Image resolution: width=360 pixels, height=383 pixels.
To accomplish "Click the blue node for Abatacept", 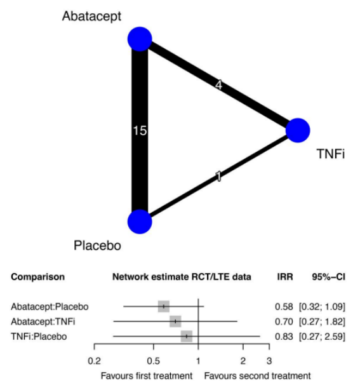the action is (140, 39).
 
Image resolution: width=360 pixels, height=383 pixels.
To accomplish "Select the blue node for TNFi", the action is (298, 130).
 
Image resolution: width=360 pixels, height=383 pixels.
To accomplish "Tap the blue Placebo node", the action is (140, 222).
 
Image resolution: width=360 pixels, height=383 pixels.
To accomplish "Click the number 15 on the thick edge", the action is (140, 130).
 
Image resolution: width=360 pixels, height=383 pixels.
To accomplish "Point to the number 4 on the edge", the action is (218, 85).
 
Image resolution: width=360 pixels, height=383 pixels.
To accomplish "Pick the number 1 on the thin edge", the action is (218, 176).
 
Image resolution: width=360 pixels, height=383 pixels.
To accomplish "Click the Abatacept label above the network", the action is (91, 17).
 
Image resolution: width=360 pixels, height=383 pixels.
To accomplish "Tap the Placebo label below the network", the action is (97, 245).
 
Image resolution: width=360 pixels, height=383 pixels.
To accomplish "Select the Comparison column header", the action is (38, 277).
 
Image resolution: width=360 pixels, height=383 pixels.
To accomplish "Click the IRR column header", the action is (285, 277).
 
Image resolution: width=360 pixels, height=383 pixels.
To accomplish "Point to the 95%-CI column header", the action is (328, 277).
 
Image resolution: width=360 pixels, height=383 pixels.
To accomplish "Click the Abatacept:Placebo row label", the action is (50, 307).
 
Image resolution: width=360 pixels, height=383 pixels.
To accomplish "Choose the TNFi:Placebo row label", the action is (39, 337).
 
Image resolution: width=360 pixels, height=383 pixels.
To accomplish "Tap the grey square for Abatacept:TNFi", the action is (175, 321).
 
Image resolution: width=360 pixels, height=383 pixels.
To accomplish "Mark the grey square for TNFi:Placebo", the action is (187, 337).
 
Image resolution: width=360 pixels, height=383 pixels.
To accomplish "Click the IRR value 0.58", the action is (284, 307).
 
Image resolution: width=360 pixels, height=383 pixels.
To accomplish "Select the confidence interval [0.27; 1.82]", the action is (322, 321).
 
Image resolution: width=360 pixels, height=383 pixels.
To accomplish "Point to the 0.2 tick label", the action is (94, 361).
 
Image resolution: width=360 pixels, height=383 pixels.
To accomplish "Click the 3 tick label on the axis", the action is (269, 361).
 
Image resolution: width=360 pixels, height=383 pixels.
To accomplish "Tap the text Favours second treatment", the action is (257, 375).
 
